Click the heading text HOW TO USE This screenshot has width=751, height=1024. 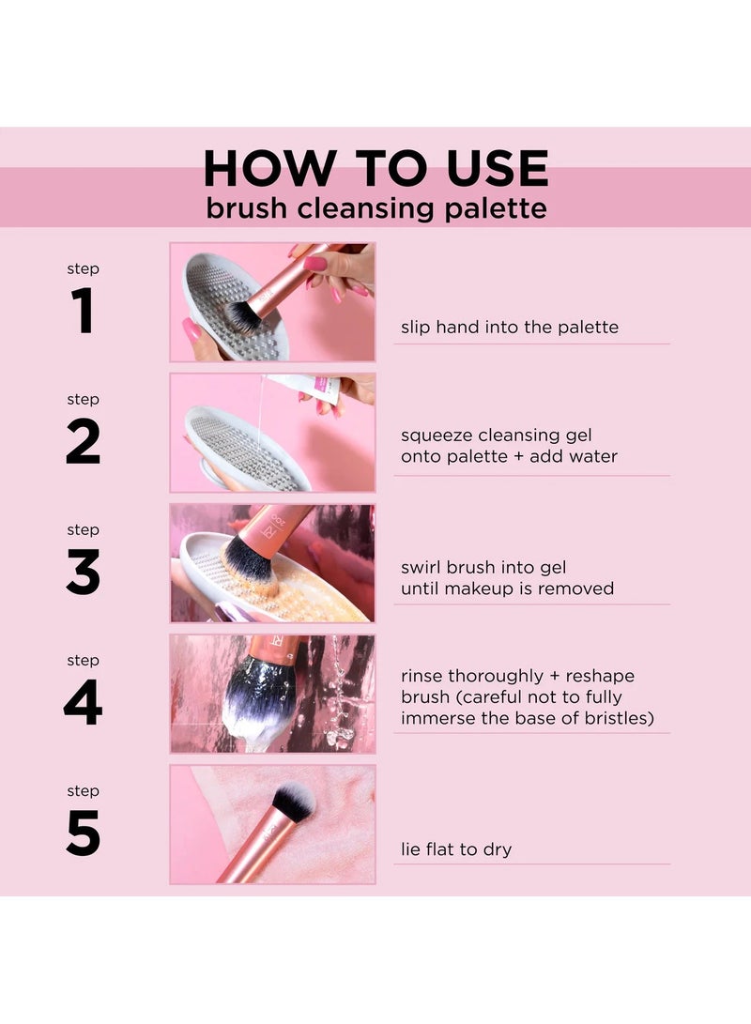375,169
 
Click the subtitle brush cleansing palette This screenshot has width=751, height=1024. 375,207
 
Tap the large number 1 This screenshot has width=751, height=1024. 83,312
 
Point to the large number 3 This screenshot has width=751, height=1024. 83,573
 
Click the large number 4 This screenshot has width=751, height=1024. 83,703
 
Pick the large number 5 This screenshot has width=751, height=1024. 83,833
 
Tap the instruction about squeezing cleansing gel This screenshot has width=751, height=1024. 509,447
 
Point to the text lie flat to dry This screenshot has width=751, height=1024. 456,850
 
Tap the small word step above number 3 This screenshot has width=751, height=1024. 83,530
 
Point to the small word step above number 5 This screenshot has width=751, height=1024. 83,791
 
